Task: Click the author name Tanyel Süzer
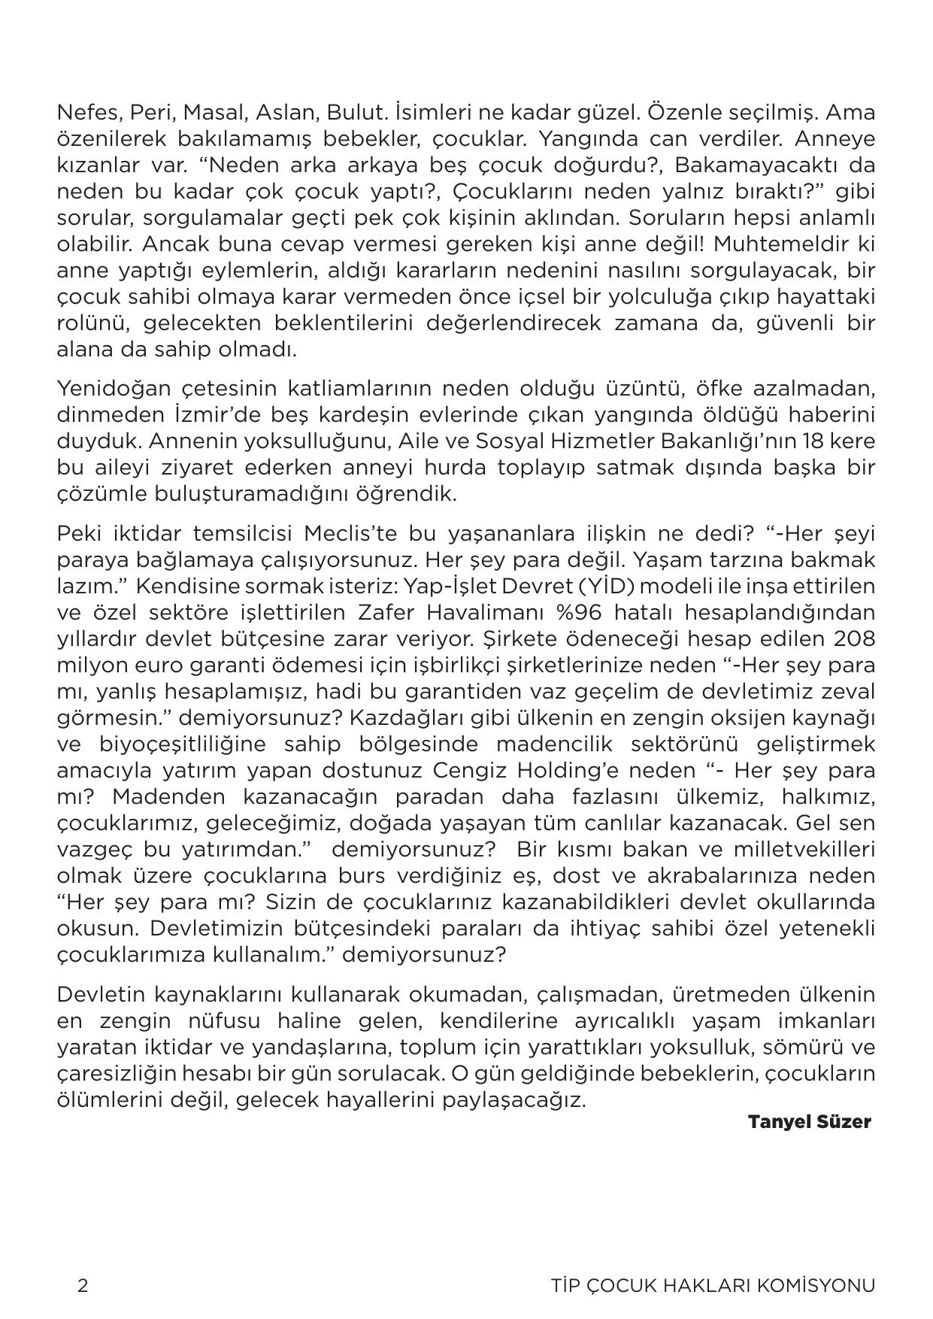click(x=809, y=1122)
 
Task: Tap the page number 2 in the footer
click(x=83, y=1285)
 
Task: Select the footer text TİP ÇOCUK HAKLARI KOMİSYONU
click(x=713, y=1285)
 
